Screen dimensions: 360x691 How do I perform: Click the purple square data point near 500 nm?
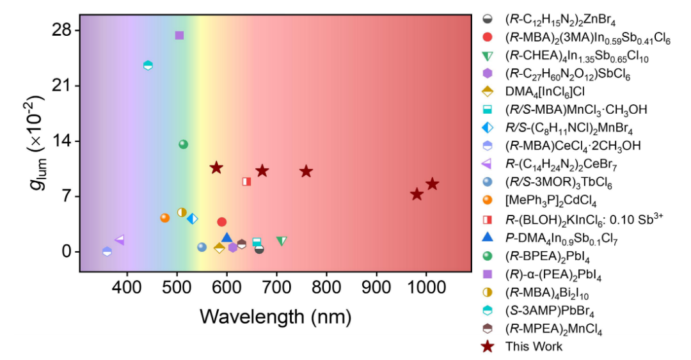coord(179,35)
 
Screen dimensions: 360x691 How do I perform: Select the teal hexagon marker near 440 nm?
coord(148,65)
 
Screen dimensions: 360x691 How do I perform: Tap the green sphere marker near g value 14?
coord(184,145)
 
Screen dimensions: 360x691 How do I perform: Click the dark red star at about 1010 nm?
coord(433,184)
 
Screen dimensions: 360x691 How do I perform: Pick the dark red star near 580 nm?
coord(216,168)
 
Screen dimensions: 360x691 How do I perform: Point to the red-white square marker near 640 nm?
coord(246,182)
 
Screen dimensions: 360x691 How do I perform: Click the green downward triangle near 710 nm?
coord(282,241)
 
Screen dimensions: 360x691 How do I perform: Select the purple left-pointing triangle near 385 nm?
coord(119,240)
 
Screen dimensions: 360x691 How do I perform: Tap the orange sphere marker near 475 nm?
coord(164,218)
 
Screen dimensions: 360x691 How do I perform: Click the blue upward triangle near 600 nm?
coord(226,238)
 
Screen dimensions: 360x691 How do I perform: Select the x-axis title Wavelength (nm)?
coord(275,317)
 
